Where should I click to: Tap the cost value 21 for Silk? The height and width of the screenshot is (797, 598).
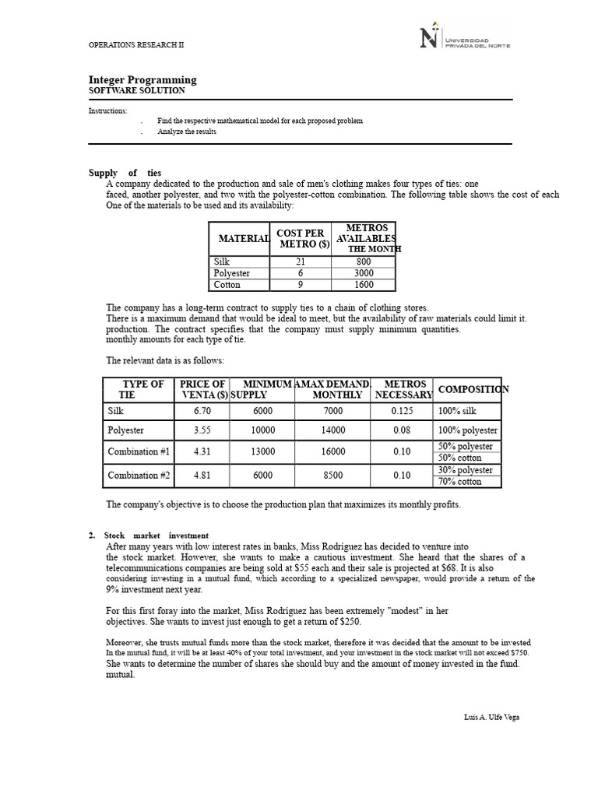301,262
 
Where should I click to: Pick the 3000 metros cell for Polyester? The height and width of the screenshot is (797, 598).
364,274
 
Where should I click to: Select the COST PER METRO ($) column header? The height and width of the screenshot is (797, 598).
301,239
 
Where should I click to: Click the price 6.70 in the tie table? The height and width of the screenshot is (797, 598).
202,411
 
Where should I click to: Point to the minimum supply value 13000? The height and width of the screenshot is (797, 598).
263,452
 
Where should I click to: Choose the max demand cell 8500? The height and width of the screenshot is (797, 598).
332,476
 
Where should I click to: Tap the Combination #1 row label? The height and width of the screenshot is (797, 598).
139,452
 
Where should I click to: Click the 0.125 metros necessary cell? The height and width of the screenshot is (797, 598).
402,411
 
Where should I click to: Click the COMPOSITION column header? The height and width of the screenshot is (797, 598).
473,389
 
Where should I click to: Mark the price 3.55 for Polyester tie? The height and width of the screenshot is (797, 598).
202,430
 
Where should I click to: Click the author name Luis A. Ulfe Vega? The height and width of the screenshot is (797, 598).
491,717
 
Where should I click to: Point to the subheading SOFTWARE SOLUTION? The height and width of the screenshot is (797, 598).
137,91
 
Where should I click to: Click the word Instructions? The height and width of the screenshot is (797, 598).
108,111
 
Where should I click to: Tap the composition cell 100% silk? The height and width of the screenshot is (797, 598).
459,411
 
